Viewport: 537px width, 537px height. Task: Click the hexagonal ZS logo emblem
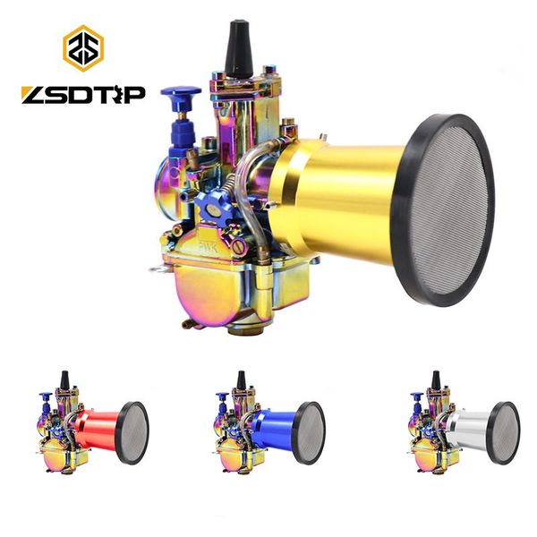[83, 48]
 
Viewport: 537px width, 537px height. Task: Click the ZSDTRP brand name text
[83, 95]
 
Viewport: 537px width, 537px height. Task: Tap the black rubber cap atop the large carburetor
[238, 48]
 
